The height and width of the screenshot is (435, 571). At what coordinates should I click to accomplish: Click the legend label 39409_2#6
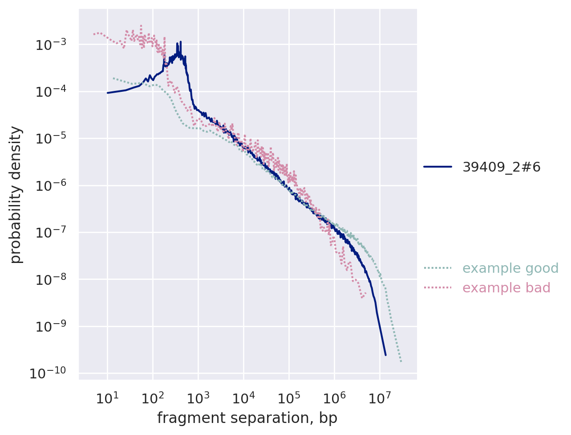pos(502,167)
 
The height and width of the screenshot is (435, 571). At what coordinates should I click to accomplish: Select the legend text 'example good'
pos(510,268)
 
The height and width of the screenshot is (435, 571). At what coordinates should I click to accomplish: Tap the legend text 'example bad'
pos(506,288)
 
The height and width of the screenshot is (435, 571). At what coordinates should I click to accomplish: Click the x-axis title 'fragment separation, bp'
pos(247,419)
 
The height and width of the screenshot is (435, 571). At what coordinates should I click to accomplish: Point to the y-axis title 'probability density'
pos(16,195)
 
